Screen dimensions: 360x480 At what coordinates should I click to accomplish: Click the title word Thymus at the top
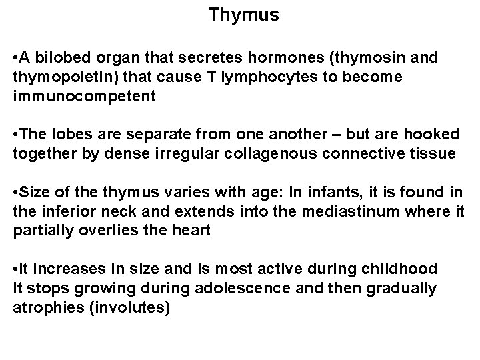(x=243, y=15)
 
